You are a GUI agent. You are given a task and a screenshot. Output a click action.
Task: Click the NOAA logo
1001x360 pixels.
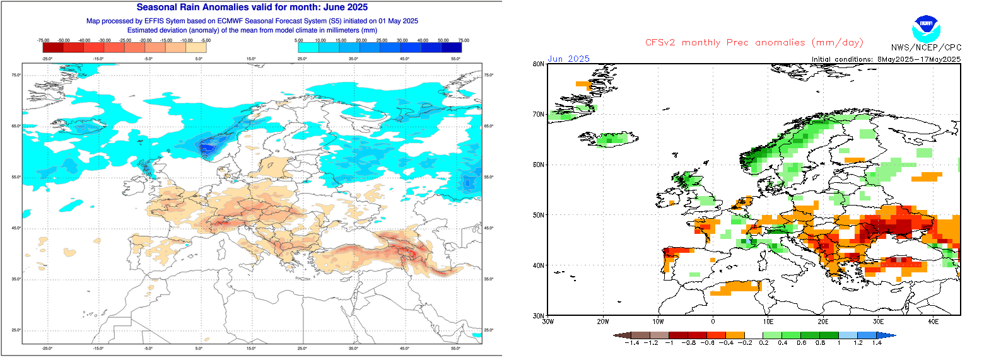(x=926, y=28)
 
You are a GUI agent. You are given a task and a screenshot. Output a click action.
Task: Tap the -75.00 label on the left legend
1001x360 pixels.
(x=43, y=40)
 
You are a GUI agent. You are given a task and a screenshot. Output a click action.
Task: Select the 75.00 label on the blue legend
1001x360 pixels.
(x=464, y=40)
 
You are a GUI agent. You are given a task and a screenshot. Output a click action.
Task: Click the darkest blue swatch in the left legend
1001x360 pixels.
(x=452, y=47)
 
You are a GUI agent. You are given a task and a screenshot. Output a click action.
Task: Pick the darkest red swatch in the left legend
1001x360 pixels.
(x=53, y=47)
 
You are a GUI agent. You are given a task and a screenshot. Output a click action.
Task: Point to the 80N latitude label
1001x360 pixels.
(x=538, y=64)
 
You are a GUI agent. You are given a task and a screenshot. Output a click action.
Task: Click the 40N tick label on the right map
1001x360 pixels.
(x=538, y=265)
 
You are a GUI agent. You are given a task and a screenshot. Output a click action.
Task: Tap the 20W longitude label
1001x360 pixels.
(x=602, y=322)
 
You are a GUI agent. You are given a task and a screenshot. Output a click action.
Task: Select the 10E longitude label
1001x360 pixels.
(x=768, y=322)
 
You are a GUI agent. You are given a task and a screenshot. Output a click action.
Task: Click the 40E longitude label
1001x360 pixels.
(x=933, y=322)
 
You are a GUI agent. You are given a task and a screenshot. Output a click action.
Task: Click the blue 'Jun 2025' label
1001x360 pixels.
(x=568, y=59)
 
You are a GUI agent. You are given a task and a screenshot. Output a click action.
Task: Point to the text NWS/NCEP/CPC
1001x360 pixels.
(x=926, y=47)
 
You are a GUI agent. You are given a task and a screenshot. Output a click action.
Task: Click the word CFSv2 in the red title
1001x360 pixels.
(x=660, y=42)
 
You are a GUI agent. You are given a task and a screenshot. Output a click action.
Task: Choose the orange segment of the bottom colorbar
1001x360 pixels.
(x=735, y=336)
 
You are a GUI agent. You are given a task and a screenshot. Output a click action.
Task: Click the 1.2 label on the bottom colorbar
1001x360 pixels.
(x=858, y=343)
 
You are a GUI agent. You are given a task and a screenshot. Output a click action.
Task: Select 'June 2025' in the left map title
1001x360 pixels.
(x=346, y=8)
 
